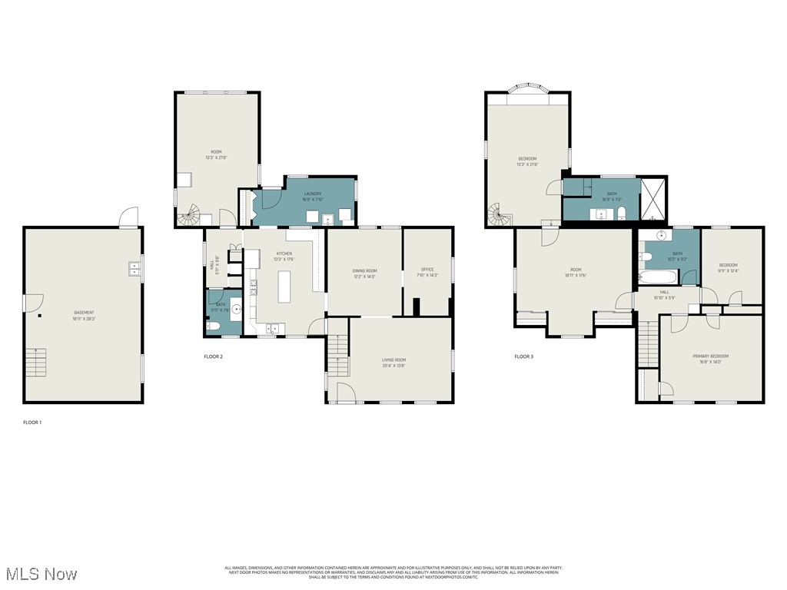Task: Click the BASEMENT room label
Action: point(84,313)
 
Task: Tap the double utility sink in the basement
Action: point(134,269)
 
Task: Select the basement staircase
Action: point(35,362)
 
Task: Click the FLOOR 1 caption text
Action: point(32,422)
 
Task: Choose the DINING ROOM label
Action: point(364,270)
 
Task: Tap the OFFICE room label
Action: point(427,270)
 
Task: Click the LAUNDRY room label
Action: point(312,194)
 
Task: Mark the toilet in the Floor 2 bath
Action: point(214,326)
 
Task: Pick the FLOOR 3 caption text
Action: point(523,356)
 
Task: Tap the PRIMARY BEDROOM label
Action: point(710,356)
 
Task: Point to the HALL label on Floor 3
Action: point(664,292)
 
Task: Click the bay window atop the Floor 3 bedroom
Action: point(527,91)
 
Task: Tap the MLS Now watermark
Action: point(40,574)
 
